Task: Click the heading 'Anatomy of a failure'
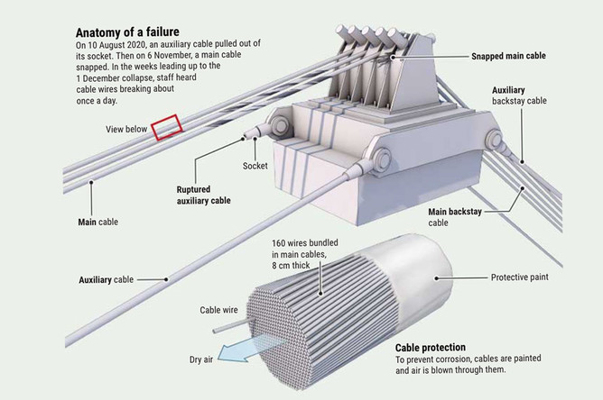click(127, 32)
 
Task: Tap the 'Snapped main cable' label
click(508, 56)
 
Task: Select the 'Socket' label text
click(255, 166)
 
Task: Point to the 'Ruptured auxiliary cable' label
click(203, 195)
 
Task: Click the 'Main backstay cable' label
click(455, 217)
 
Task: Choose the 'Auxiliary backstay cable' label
click(519, 95)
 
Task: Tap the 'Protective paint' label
click(520, 277)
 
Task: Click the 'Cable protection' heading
click(431, 348)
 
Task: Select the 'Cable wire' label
click(218, 310)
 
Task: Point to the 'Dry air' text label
click(201, 359)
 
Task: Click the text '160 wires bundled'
click(305, 243)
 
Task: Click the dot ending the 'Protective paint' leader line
click(437, 278)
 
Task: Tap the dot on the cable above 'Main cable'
click(91, 182)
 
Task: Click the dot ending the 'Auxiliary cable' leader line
click(166, 280)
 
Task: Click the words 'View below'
click(126, 130)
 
